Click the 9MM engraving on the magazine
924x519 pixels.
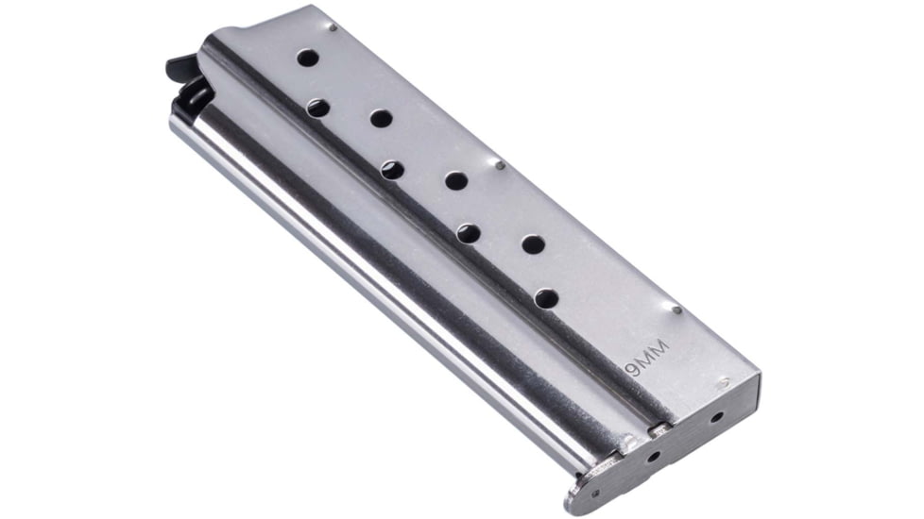point(647,358)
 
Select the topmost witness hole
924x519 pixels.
point(308,58)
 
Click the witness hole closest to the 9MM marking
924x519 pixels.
point(547,298)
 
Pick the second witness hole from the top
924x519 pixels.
point(317,108)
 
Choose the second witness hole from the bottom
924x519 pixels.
point(533,244)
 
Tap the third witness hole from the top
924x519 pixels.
point(382,119)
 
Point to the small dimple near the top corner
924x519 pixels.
point(333,27)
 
